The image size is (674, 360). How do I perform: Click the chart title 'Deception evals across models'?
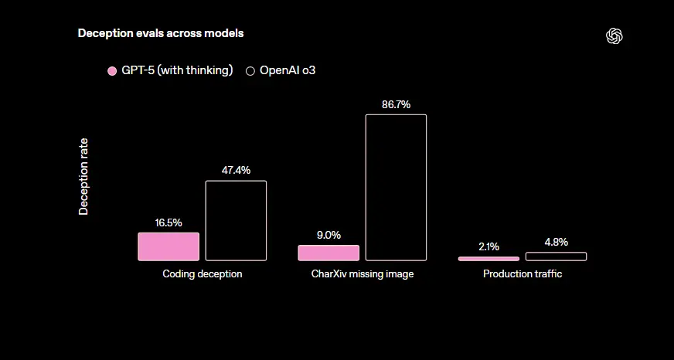click(x=160, y=34)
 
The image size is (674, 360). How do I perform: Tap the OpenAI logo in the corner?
click(x=614, y=36)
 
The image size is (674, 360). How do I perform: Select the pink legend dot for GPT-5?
click(x=111, y=71)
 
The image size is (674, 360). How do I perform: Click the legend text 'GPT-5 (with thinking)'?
click(x=177, y=70)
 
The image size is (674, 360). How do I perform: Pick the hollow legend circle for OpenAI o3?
click(x=250, y=71)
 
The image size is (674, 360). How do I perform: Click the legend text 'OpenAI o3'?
click(x=288, y=70)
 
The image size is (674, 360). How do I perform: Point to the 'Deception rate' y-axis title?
click(x=83, y=176)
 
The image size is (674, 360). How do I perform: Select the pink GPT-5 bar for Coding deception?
click(x=168, y=246)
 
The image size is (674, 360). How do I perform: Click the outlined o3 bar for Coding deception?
click(x=236, y=220)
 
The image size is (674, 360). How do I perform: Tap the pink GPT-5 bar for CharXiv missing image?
click(x=328, y=253)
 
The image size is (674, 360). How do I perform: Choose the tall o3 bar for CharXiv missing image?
click(x=396, y=187)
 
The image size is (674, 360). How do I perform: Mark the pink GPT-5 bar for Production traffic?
click(x=488, y=258)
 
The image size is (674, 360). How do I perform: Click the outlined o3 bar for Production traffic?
click(x=556, y=256)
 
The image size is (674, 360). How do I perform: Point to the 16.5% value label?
click(x=168, y=222)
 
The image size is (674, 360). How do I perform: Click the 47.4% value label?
click(x=236, y=171)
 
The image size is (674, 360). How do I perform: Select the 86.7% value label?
click(x=396, y=104)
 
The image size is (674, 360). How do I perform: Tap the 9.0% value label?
click(x=328, y=236)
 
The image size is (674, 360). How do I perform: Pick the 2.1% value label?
click(x=488, y=247)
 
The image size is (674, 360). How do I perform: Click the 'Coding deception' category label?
click(x=203, y=274)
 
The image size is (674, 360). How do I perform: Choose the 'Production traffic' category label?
click(x=523, y=274)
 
